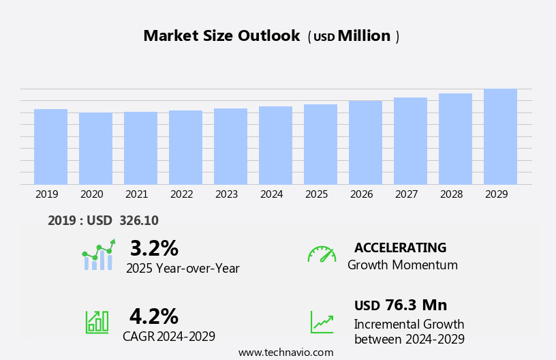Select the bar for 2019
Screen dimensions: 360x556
[x=50, y=147]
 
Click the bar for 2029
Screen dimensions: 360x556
[x=500, y=136]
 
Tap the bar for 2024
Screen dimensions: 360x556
[x=275, y=145]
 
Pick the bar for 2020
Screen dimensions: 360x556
[x=95, y=149]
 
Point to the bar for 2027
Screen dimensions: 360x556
[x=410, y=141]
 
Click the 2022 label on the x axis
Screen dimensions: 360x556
[x=181, y=194]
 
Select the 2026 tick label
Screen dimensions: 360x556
[x=361, y=194]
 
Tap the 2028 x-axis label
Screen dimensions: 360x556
[x=451, y=194]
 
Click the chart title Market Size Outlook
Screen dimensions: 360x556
[x=221, y=36]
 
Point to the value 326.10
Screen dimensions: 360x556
[x=138, y=221]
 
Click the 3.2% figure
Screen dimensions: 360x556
[x=154, y=248]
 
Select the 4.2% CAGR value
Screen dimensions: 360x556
[x=154, y=316]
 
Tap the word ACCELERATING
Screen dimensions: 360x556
[x=400, y=248]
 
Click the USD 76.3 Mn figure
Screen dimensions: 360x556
[x=401, y=305]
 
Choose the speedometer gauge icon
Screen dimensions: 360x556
[x=322, y=254]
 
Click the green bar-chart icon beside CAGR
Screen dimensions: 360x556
[x=97, y=322]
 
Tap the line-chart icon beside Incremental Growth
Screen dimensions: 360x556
[x=322, y=322]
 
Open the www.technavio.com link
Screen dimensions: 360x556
[x=285, y=352]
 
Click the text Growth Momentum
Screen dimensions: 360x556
[x=402, y=265]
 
